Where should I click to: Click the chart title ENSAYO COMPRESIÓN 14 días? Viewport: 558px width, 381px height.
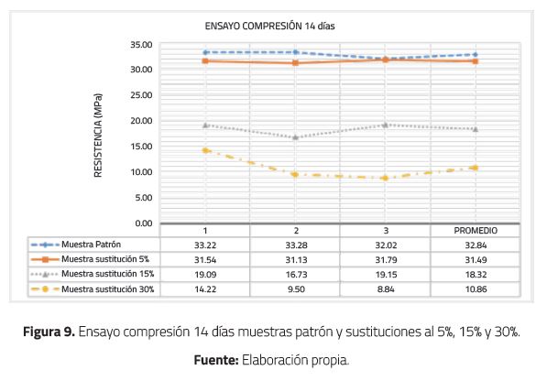coord(270,27)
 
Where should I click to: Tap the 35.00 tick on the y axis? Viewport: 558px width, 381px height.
coord(140,44)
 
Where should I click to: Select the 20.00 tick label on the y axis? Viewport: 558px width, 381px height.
coord(140,121)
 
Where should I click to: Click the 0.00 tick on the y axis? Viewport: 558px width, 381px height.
coord(143,223)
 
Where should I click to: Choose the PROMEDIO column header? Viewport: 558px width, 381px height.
coord(475,230)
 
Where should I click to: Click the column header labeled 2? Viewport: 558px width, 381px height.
coord(295,230)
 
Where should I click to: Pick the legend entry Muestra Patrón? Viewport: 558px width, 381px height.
coord(88,245)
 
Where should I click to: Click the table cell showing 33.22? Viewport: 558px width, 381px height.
coord(205,245)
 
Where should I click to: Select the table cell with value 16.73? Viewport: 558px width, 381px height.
coord(295,274)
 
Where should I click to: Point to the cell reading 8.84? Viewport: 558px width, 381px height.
coord(385,288)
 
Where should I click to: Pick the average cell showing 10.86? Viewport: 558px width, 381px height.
coord(475,288)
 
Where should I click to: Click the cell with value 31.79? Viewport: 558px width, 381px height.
coord(385,259)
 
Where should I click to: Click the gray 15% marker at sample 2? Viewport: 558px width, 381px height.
coord(295,137)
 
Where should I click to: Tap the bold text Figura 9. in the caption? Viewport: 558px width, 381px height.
coord(49,330)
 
